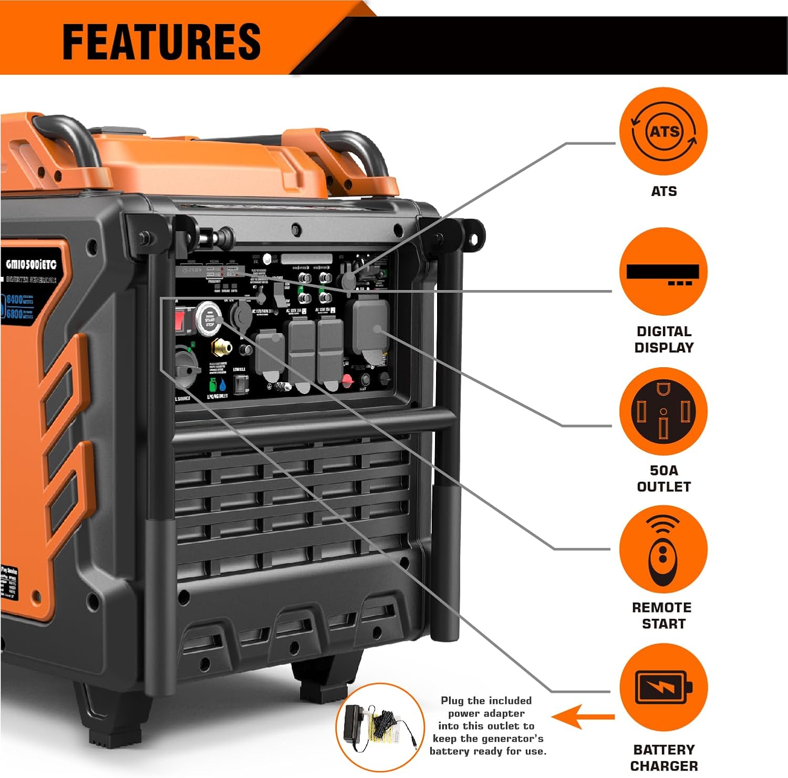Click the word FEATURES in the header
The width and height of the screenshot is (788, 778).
point(161,42)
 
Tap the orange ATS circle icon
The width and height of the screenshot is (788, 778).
point(663,131)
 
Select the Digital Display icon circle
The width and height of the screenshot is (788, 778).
point(663,272)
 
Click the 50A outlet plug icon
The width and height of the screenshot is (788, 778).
point(663,411)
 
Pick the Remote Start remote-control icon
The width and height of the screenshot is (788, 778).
point(663,549)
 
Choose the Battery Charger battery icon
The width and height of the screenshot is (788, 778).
point(663,687)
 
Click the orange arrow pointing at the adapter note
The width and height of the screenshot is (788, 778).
point(582,717)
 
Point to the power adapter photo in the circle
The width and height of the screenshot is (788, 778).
point(379,728)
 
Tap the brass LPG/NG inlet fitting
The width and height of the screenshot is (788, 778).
point(221,347)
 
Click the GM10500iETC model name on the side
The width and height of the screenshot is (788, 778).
point(31,264)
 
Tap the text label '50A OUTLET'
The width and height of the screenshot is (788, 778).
point(663,479)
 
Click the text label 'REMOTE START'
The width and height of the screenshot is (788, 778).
point(662,616)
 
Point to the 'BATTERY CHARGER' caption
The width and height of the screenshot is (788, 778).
point(663,758)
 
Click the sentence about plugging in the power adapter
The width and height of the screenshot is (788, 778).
point(487,725)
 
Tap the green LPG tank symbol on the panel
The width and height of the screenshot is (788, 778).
point(213,385)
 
